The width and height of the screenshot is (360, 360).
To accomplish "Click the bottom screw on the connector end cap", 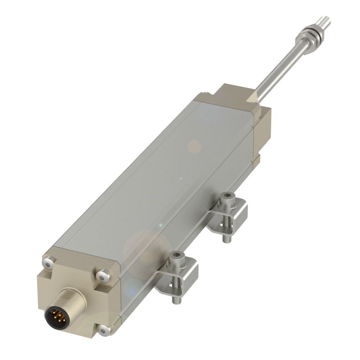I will [x=104, y=329].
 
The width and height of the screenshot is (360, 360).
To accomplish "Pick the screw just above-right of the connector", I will [x=103, y=276].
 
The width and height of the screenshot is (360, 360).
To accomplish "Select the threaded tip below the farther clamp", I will [x=226, y=238].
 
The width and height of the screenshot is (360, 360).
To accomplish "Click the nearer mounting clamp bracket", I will [x=187, y=274].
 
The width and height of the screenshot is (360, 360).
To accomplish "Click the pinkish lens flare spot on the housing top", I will [x=195, y=146].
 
